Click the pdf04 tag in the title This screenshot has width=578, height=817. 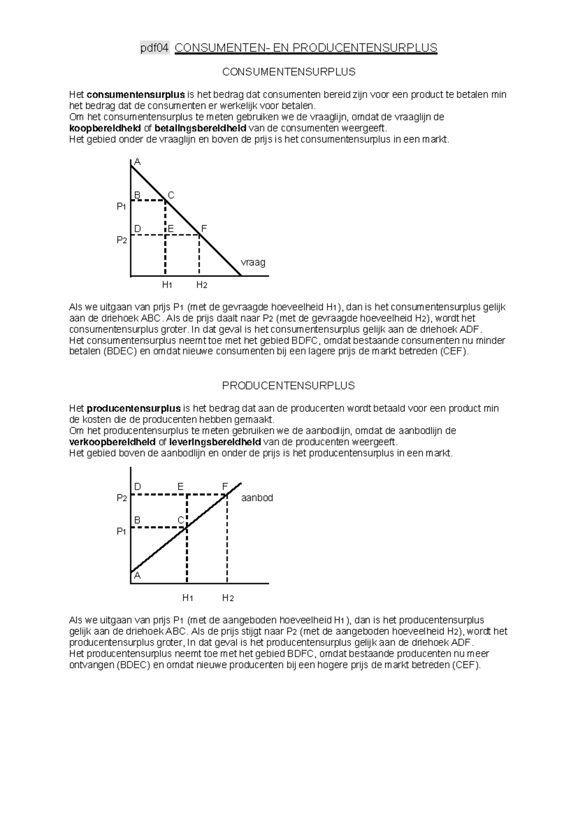coord(155,48)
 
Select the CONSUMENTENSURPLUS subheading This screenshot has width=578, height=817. coord(289,72)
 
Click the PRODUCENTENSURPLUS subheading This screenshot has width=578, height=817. coord(288,385)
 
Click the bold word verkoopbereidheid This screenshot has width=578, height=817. coord(112,442)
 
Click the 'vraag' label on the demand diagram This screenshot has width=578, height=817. coord(253,263)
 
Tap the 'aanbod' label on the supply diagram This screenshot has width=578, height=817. coord(257,498)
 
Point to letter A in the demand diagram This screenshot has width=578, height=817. coord(137,162)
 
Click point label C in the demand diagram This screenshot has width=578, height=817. coord(171,195)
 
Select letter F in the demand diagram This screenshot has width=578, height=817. coord(204,228)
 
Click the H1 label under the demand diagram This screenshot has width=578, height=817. coord(167,285)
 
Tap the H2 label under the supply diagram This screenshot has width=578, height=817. coord(228,598)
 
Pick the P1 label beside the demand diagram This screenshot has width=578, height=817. coord(121,206)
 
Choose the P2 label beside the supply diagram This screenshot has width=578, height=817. coord(121,498)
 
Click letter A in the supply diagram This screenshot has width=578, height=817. coord(137,575)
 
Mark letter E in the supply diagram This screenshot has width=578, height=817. coord(180,487)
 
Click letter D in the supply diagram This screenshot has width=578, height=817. coord(137,487)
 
